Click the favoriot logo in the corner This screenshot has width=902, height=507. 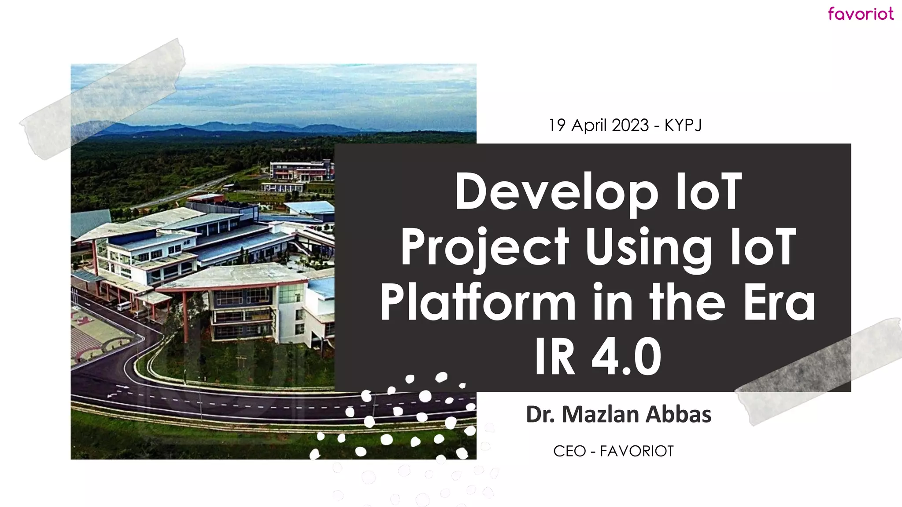860,14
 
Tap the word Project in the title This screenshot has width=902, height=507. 484,248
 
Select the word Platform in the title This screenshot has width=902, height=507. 478,303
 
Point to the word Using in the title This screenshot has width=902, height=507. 648,248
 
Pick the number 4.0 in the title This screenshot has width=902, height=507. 626,356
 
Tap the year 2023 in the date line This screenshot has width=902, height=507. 630,125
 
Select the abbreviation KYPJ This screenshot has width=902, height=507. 683,125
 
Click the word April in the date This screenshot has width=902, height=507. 589,125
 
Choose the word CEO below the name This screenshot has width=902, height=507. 569,451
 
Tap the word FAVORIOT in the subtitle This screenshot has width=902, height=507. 636,451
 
